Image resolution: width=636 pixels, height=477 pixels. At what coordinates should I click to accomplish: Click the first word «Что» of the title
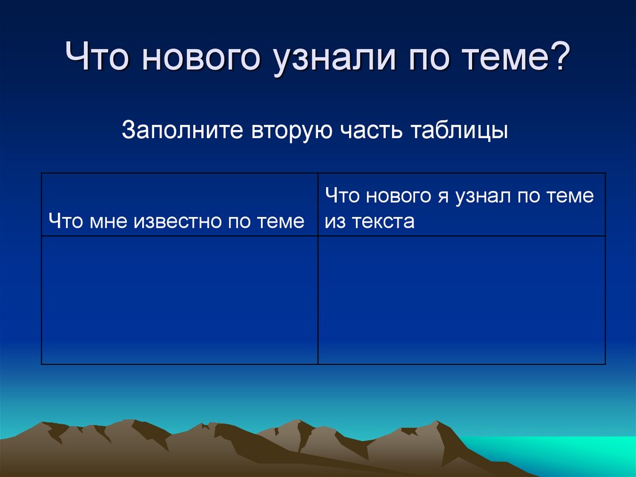pos(99,60)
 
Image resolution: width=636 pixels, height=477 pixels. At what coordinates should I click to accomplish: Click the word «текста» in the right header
pos(382,221)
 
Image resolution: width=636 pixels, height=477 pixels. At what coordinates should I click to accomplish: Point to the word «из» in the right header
pos(334,221)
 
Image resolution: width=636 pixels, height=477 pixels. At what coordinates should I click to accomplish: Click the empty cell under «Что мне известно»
pos(179,300)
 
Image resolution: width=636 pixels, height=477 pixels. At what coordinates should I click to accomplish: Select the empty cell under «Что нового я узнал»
pos(461,300)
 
